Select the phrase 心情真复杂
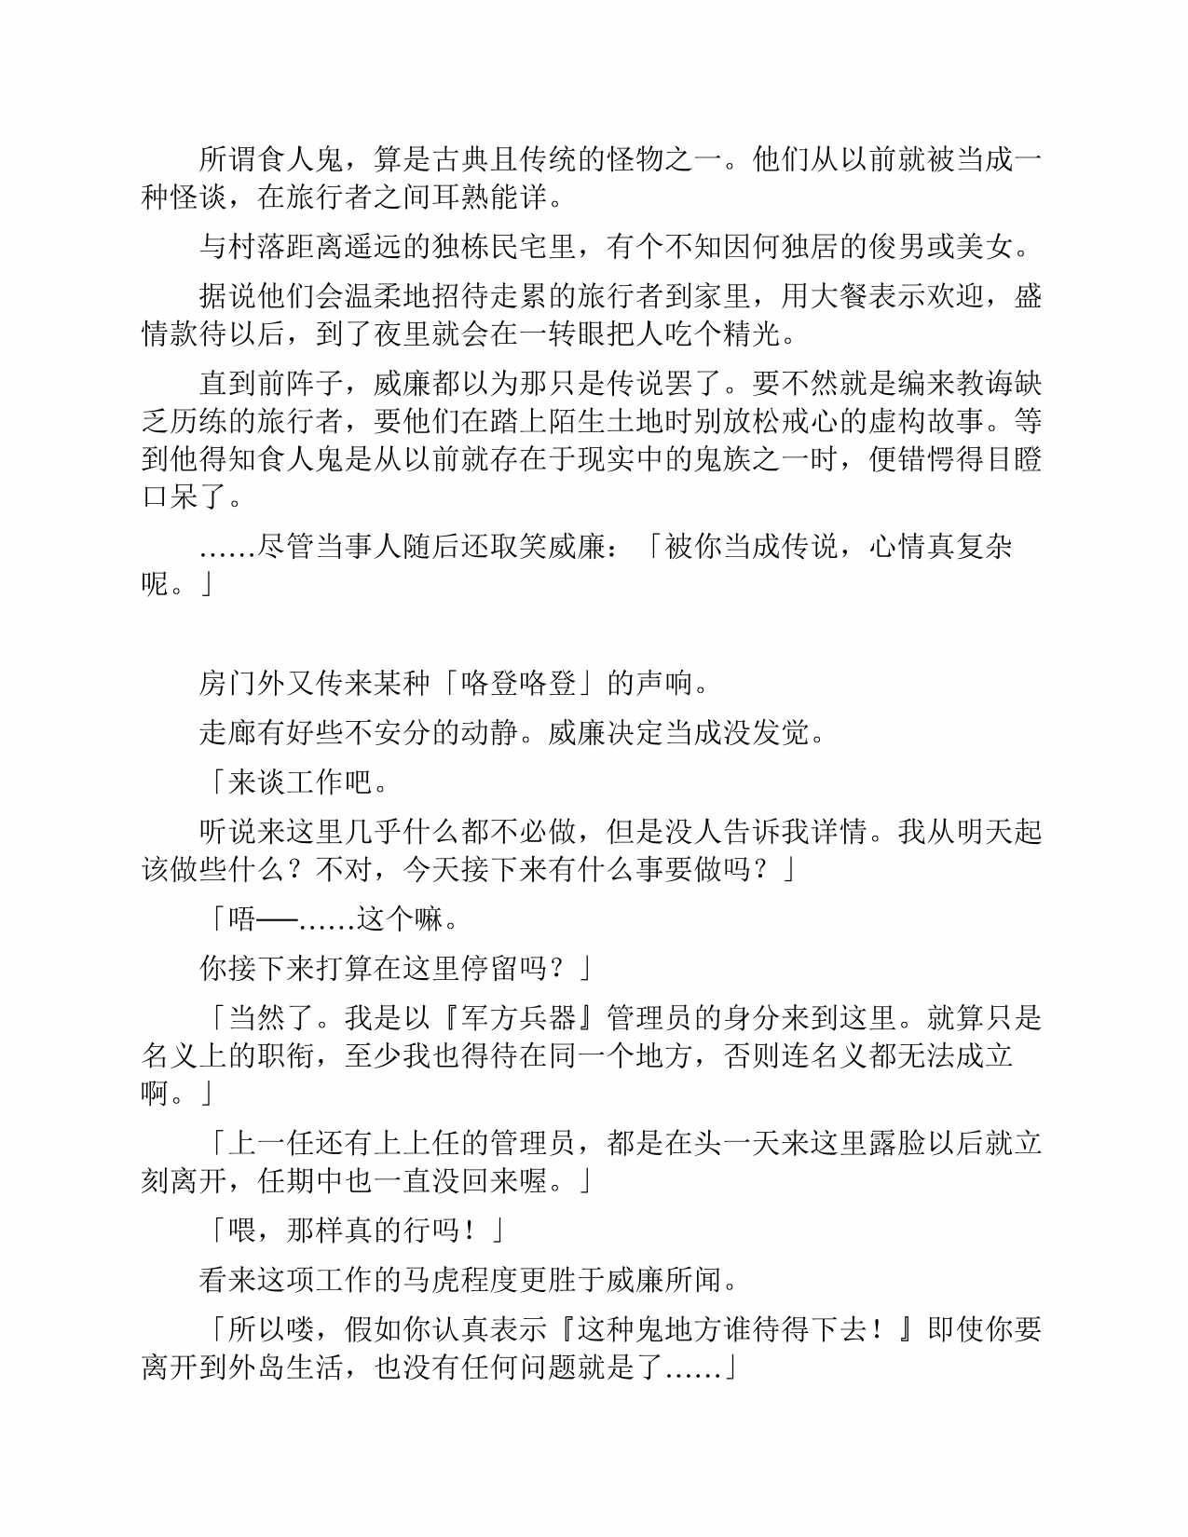click(940, 546)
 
